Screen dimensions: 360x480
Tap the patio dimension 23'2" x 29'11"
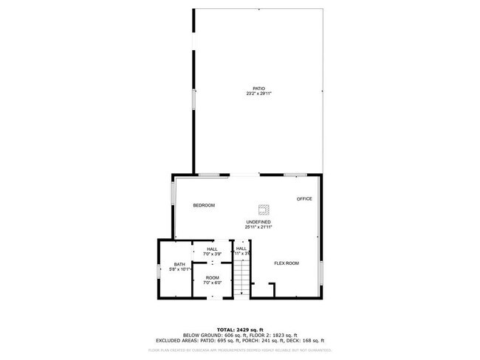coord(258,94)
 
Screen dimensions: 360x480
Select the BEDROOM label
coord(204,205)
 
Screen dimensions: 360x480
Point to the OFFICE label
coord(304,199)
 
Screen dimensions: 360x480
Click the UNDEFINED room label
coord(258,222)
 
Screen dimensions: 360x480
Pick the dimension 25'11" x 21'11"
coord(258,226)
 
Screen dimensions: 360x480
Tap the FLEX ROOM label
coord(286,263)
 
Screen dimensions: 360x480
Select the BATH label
coord(179,265)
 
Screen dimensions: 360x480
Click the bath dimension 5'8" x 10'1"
coord(179,269)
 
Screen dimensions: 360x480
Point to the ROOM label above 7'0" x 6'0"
coord(212,278)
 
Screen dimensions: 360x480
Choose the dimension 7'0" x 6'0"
coord(212,283)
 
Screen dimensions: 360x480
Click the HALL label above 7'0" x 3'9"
coord(212,249)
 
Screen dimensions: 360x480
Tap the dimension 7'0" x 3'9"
coord(212,253)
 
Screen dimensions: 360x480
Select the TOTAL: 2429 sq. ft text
coord(239,329)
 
